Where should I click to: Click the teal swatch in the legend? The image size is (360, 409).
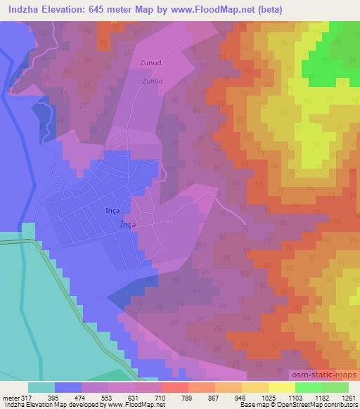point(41,387)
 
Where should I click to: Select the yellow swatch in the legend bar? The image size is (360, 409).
point(255,387)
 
